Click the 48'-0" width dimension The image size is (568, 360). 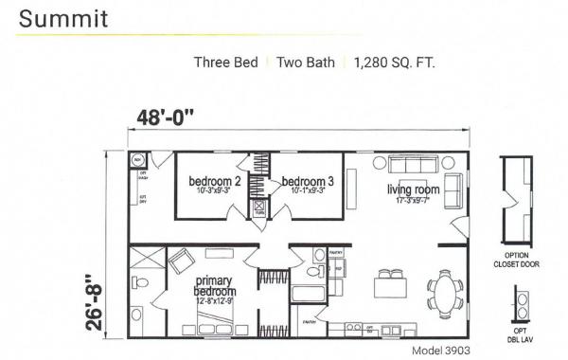coord(162,117)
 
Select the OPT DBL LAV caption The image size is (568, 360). coord(521,333)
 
